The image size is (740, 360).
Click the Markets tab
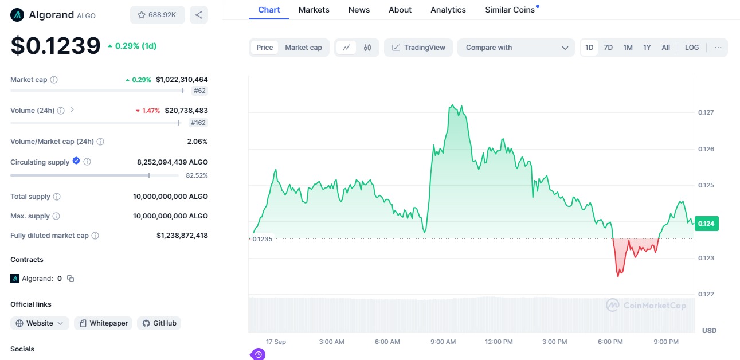314,10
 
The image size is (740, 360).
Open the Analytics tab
448,10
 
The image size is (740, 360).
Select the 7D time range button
608,48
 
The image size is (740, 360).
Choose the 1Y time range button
647,48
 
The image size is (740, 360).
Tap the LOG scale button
692,48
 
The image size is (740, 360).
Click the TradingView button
418,48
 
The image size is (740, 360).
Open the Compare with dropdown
516,48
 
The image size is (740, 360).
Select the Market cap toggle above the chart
303,48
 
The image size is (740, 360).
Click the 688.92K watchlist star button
157,15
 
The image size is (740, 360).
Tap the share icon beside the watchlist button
199,15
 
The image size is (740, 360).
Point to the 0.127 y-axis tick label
706,112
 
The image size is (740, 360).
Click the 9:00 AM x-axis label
443,342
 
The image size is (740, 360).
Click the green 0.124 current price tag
706,224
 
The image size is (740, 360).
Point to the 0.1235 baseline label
263,239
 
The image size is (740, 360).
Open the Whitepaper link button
103,323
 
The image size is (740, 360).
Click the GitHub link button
159,323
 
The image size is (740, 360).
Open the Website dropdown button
40,323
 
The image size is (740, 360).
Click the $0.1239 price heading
56,46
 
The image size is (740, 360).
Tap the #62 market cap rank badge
199,91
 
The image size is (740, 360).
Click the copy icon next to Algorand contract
71,279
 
